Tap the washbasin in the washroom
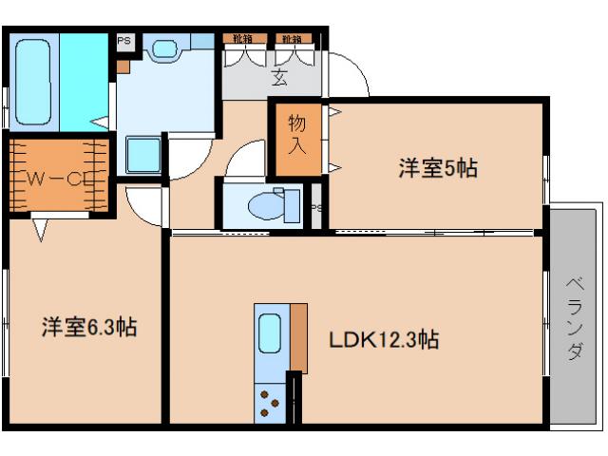click(x=165, y=48)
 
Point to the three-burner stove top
click(x=270, y=404)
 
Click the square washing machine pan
click(x=143, y=154)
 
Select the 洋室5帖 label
click(x=436, y=169)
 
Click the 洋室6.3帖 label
click(x=87, y=329)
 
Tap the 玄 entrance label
click(x=279, y=79)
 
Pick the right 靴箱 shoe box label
click(x=291, y=39)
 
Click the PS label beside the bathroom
click(x=123, y=41)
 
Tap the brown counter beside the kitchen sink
click(x=298, y=338)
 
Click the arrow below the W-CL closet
click(x=40, y=229)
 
